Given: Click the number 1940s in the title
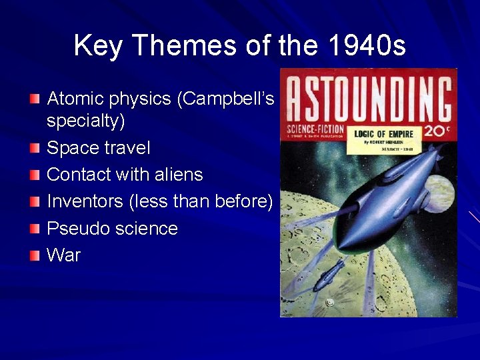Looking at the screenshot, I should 367,45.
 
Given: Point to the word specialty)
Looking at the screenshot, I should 86,121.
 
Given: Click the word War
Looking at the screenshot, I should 63,255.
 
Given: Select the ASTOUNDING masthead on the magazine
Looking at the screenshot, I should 368,97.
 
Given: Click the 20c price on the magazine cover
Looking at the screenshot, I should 437,131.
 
